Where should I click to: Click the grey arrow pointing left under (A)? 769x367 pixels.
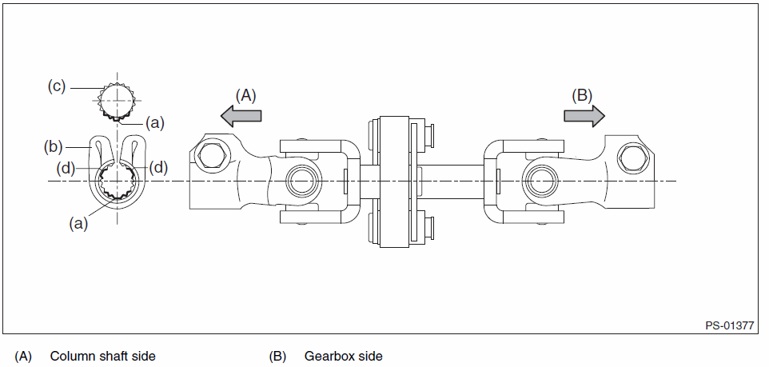(x=241, y=116)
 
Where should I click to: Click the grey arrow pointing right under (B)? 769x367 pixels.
(x=584, y=116)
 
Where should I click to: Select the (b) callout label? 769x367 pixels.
(x=54, y=146)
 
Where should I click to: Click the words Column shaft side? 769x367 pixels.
(x=102, y=356)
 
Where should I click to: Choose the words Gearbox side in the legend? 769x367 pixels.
(x=343, y=356)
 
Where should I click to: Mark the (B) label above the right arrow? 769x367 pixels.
(x=582, y=94)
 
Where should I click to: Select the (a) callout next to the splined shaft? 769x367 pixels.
(x=155, y=123)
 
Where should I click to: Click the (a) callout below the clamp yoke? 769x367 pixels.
(x=78, y=225)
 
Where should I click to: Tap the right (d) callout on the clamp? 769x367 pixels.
(x=159, y=167)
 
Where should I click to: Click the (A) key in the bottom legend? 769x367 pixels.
(x=23, y=356)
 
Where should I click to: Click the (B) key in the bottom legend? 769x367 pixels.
(x=277, y=356)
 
